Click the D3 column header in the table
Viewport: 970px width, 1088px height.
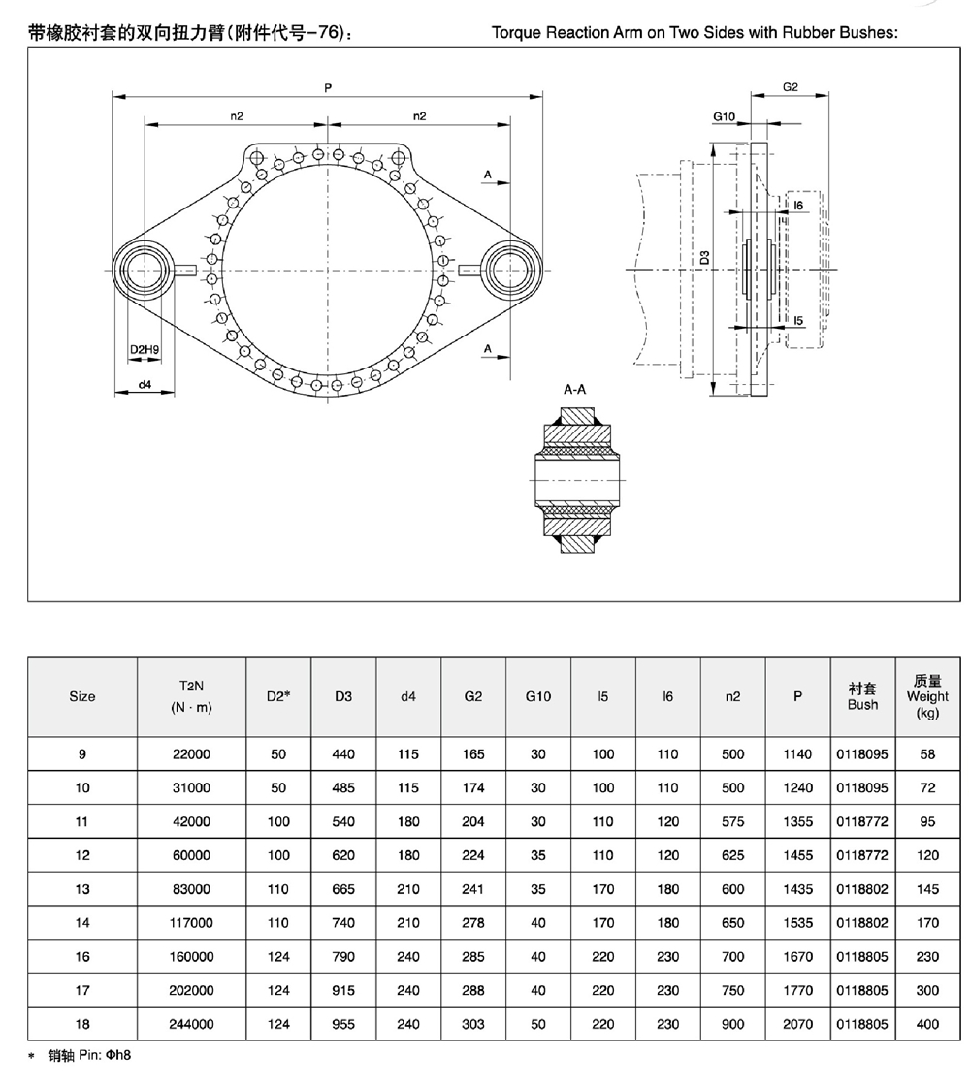[x=343, y=696]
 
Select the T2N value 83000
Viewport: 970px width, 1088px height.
[x=191, y=889]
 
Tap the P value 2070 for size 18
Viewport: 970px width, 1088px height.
[x=798, y=1024]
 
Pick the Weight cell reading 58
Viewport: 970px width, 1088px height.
[x=927, y=754]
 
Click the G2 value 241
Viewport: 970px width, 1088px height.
[x=473, y=889]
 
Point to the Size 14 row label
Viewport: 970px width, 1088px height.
[x=82, y=923]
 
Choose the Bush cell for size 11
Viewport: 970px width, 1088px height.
[x=862, y=821]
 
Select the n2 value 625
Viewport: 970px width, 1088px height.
[x=732, y=855]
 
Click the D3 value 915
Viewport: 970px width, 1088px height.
[x=343, y=990]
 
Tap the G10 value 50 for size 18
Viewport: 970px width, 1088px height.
[x=538, y=1024]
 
